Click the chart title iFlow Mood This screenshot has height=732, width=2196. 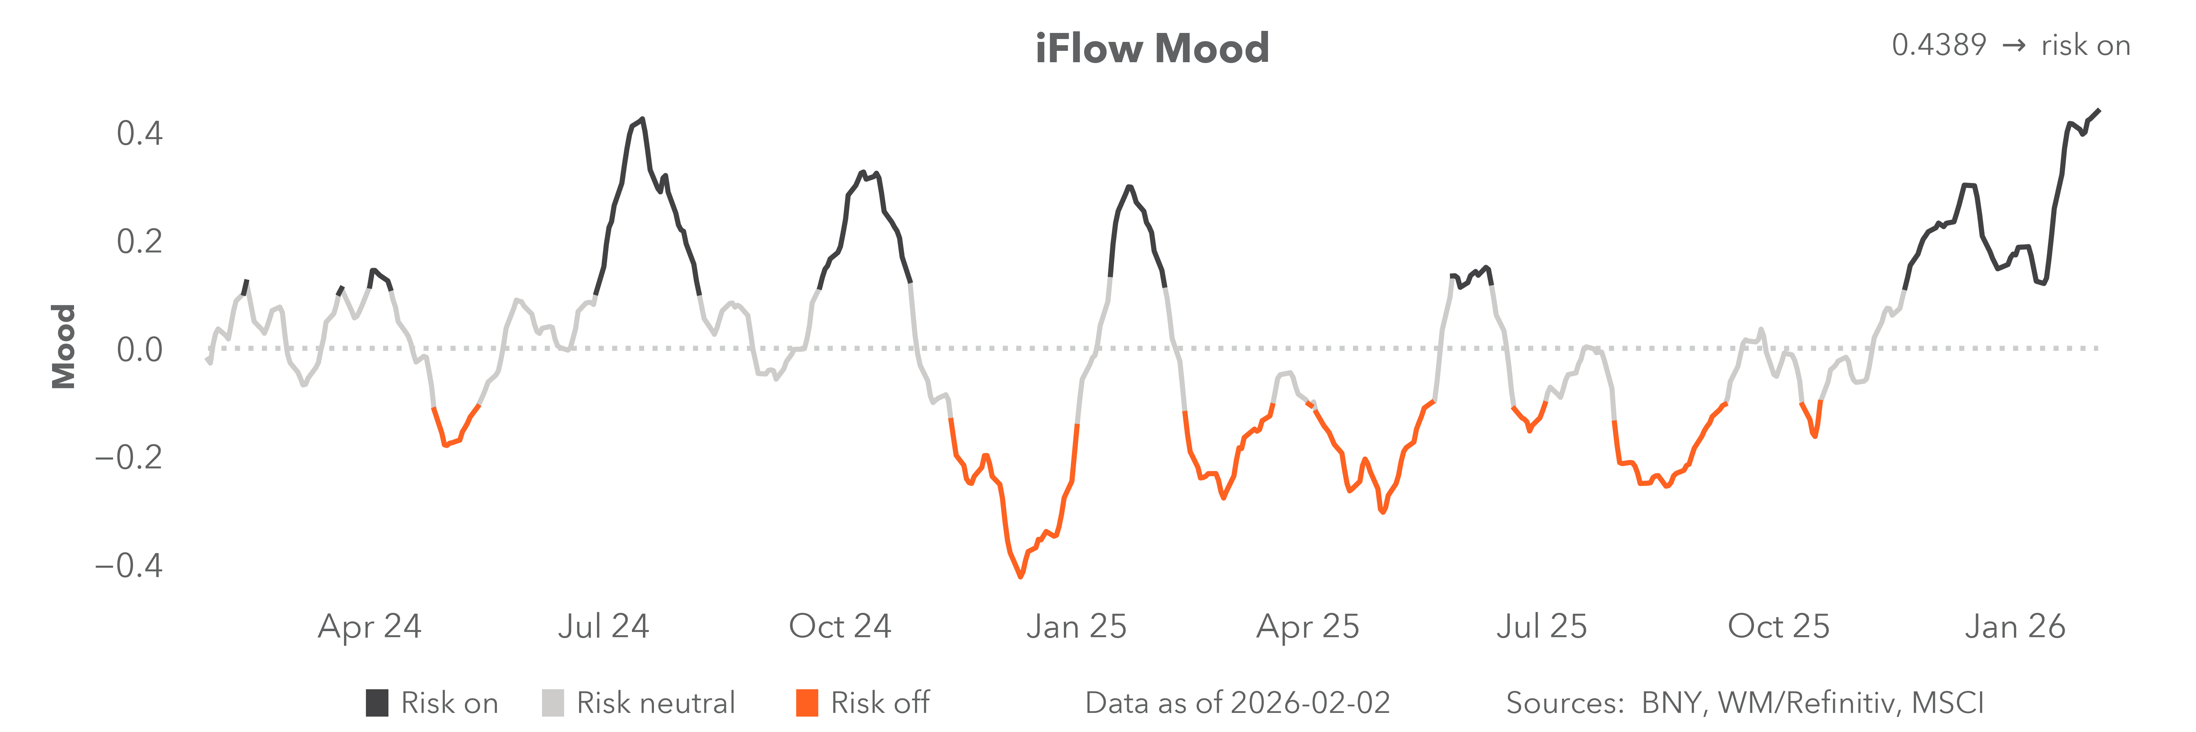tap(1152, 48)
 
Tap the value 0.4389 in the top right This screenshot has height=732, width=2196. tap(1939, 45)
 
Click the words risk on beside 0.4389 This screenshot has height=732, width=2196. tap(2085, 45)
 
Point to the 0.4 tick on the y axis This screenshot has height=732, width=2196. tap(140, 134)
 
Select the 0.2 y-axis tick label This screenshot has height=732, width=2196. tap(140, 242)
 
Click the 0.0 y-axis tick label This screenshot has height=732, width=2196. tap(140, 349)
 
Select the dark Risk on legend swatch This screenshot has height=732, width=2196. tap(377, 703)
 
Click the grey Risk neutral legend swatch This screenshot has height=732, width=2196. tap(552, 703)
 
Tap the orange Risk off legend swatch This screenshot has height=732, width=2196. tap(806, 703)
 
